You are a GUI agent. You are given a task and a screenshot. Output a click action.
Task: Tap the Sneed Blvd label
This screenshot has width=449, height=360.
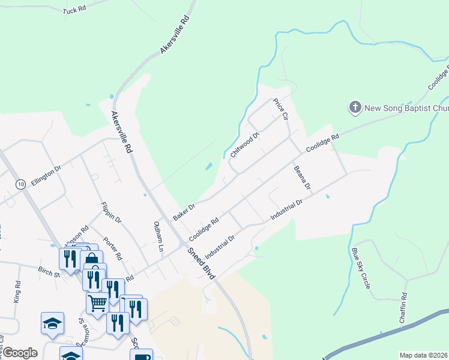[x=200, y=263]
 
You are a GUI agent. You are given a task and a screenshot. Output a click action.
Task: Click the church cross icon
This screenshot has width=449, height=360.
[x=355, y=108]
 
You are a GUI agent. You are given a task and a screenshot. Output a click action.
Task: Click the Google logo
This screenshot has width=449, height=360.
[x=20, y=352]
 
